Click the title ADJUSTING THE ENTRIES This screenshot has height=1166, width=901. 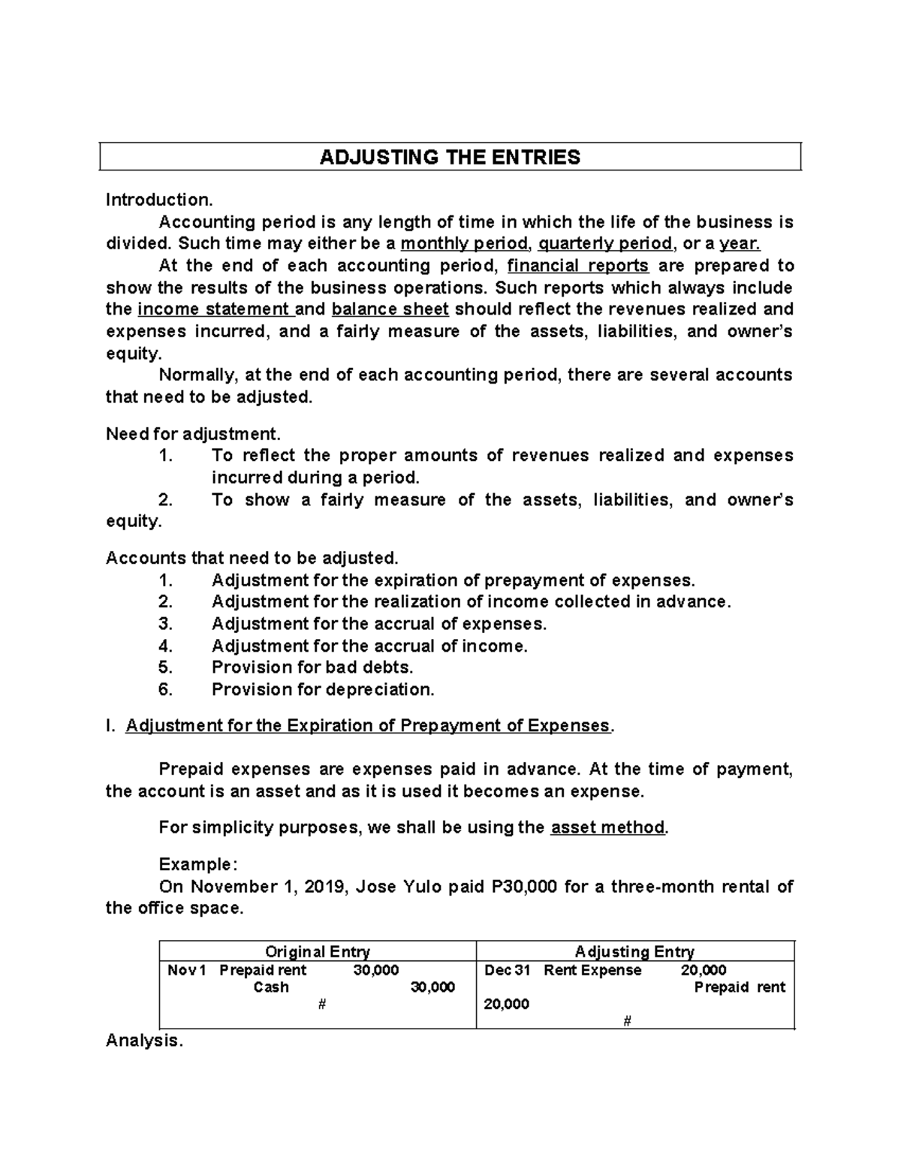pos(450,157)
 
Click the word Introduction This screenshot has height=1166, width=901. pos(159,200)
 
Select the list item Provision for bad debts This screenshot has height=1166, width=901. pos(312,667)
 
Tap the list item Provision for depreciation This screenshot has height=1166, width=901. pos(323,689)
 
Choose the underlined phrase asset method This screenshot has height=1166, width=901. pos(607,828)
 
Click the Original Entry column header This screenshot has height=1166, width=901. pos(318,952)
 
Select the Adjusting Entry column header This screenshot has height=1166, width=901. pos(634,952)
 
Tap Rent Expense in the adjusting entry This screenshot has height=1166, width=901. pos(592,970)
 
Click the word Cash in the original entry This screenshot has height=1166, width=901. pos(271,987)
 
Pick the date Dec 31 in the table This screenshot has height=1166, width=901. pos(507,970)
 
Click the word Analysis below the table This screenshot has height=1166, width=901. pos(143,1041)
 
